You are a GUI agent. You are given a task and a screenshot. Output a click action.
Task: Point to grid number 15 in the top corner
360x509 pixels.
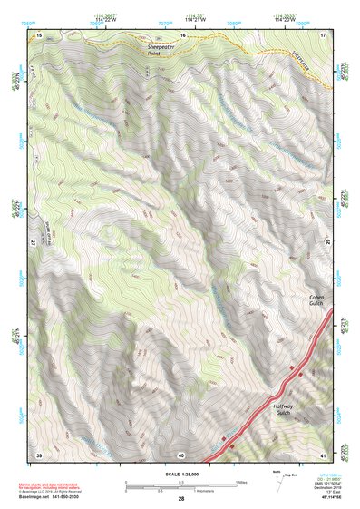click(x=39, y=34)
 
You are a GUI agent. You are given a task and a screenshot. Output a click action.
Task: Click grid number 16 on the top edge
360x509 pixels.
click(x=182, y=34)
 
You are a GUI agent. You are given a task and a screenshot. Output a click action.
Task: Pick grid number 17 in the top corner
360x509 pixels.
click(x=325, y=34)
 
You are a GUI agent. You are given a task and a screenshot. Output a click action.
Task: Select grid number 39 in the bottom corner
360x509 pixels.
click(x=39, y=454)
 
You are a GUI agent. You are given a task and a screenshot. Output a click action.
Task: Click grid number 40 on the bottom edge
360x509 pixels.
click(x=181, y=454)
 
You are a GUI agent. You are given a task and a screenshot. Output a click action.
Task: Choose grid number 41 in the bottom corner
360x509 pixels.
click(x=325, y=454)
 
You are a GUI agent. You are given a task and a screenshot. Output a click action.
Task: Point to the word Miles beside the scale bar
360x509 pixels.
click(x=240, y=481)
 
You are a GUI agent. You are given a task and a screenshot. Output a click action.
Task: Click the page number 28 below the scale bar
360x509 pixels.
click(x=181, y=500)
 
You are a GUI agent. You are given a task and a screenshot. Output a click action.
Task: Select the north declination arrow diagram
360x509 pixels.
click(x=277, y=481)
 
